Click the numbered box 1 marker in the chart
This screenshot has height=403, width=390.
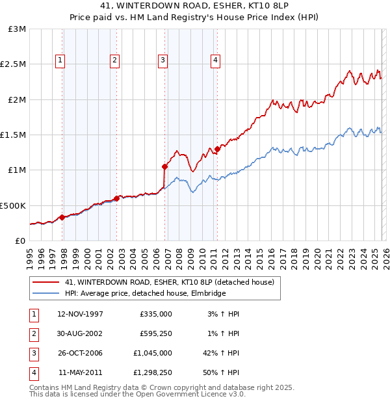pos(60,60)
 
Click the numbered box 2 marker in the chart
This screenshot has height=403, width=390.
pos(114,60)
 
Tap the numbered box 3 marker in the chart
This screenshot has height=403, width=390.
pos(162,60)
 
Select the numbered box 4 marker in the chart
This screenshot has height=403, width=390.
pos(215,60)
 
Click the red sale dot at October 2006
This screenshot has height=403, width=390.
pos(165,166)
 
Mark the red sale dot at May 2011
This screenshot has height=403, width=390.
pos(217,149)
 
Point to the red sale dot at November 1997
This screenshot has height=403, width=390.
pos(62,217)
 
